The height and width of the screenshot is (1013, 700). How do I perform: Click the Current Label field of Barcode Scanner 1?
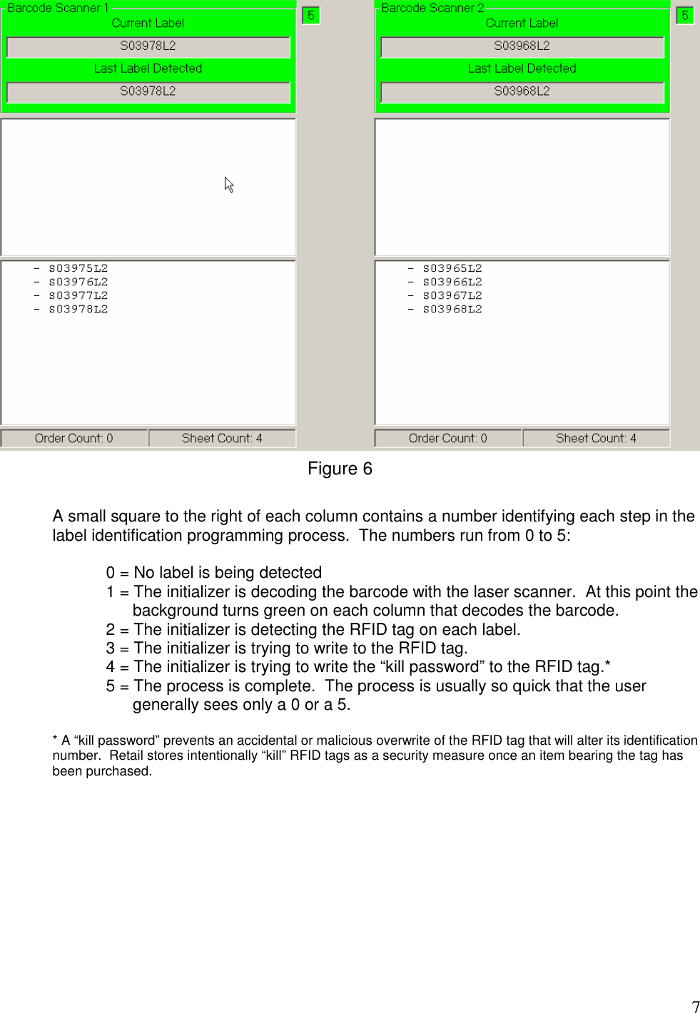[148, 46]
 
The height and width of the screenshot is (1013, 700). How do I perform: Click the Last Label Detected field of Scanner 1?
[148, 92]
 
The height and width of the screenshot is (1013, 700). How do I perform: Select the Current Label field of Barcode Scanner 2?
[522, 46]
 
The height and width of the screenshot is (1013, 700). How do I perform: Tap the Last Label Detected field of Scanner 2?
[522, 92]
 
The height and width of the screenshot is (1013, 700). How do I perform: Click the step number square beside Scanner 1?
[310, 15]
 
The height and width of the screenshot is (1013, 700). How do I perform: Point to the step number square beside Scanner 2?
[684, 15]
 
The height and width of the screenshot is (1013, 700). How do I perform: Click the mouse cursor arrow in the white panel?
[228, 185]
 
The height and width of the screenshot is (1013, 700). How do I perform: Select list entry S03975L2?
[78, 269]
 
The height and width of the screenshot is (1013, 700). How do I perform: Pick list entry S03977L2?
[78, 296]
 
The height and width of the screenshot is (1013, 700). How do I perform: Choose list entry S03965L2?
[452, 269]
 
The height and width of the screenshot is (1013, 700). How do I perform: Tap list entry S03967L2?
[452, 296]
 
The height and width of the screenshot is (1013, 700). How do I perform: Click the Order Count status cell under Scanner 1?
[74, 438]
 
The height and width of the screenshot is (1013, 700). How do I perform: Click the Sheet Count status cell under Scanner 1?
[222, 438]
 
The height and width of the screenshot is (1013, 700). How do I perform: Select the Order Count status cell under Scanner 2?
[448, 438]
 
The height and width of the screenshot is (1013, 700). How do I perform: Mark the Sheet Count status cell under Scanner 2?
[596, 438]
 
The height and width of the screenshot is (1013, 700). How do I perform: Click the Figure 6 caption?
[340, 469]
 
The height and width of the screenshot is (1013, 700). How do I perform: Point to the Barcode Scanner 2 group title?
[432, 8]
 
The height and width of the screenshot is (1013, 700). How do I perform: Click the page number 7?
[696, 1007]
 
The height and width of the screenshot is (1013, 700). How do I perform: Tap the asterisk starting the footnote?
[55, 739]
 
